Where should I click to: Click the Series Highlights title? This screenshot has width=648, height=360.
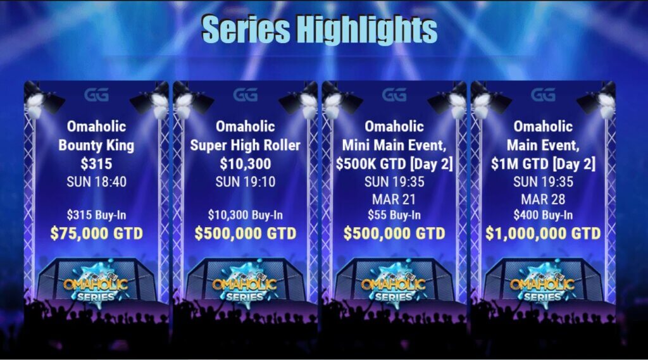(320, 29)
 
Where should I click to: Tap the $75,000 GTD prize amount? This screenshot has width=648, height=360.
(96, 233)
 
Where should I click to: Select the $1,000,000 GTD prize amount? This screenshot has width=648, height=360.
(543, 233)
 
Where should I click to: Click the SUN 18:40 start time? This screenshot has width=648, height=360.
(96, 182)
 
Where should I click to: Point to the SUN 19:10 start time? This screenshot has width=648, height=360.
(245, 182)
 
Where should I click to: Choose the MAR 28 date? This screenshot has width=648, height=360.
(543, 199)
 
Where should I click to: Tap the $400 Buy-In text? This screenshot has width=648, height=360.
(543, 214)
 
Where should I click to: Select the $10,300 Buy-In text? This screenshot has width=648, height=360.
(245, 214)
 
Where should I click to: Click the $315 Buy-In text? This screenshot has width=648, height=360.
(96, 214)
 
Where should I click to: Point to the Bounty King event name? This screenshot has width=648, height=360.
(96, 146)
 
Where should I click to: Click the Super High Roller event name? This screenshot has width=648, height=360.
(245, 146)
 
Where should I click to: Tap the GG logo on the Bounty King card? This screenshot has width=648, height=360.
(96, 95)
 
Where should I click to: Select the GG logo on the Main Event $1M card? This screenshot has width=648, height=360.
(543, 95)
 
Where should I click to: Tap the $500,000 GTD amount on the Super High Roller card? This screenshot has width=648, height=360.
(245, 233)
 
